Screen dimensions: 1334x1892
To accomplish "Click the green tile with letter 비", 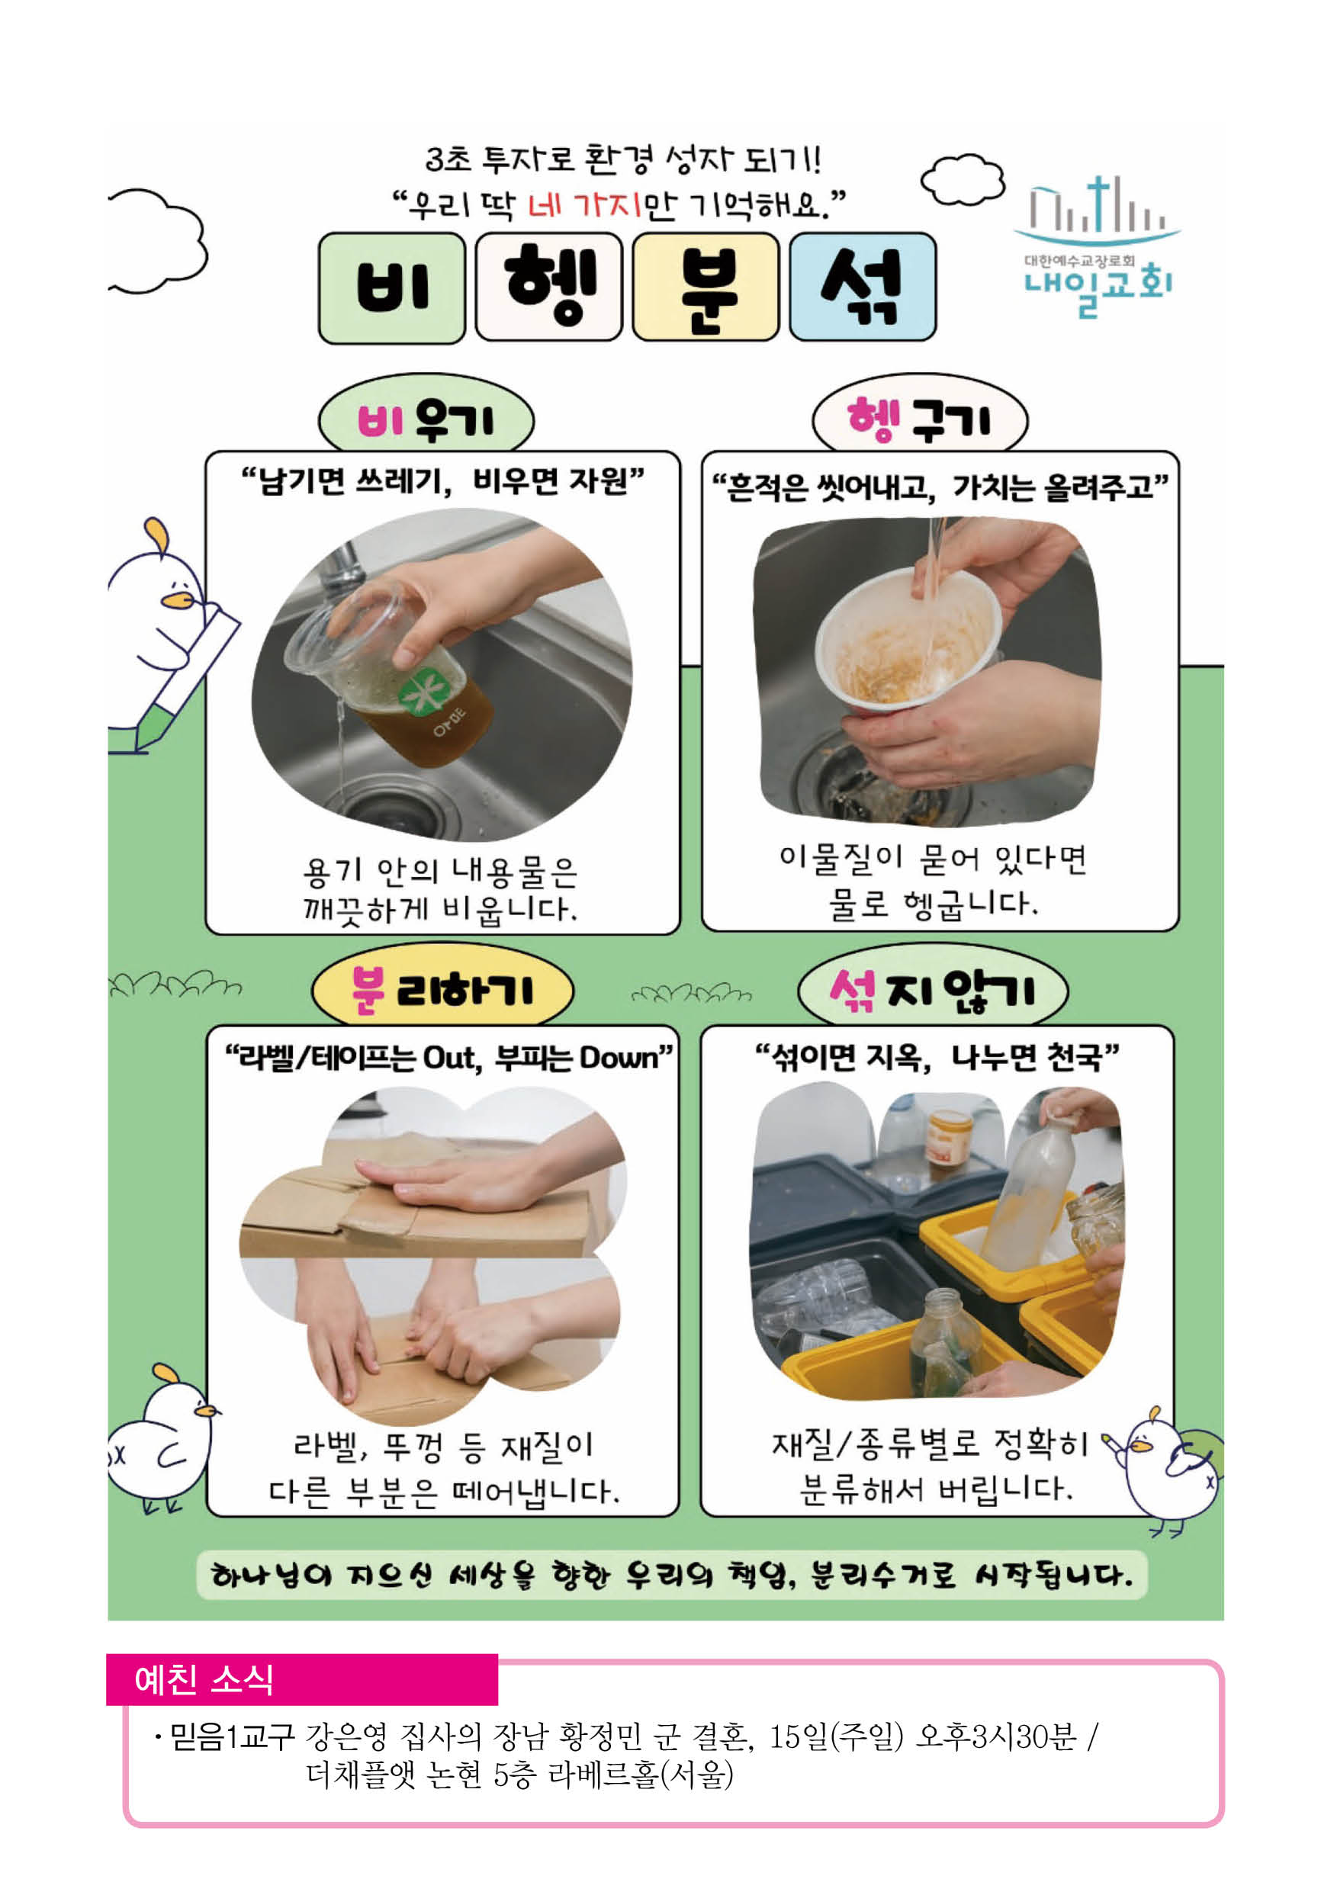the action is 391,287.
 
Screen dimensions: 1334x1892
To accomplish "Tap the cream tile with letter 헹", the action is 548,286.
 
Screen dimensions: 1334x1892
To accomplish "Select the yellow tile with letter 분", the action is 706,286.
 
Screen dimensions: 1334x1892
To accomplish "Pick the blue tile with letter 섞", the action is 863,286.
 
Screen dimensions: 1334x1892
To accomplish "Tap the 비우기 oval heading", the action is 426,419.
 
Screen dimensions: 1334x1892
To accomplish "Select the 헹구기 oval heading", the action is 921,419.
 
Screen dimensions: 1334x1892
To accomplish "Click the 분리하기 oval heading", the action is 442,991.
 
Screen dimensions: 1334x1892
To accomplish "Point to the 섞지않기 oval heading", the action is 933,991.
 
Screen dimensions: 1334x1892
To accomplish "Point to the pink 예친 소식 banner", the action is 301,1679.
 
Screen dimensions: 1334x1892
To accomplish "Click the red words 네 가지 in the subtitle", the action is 584,204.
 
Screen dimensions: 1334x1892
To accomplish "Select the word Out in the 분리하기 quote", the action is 451,1057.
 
